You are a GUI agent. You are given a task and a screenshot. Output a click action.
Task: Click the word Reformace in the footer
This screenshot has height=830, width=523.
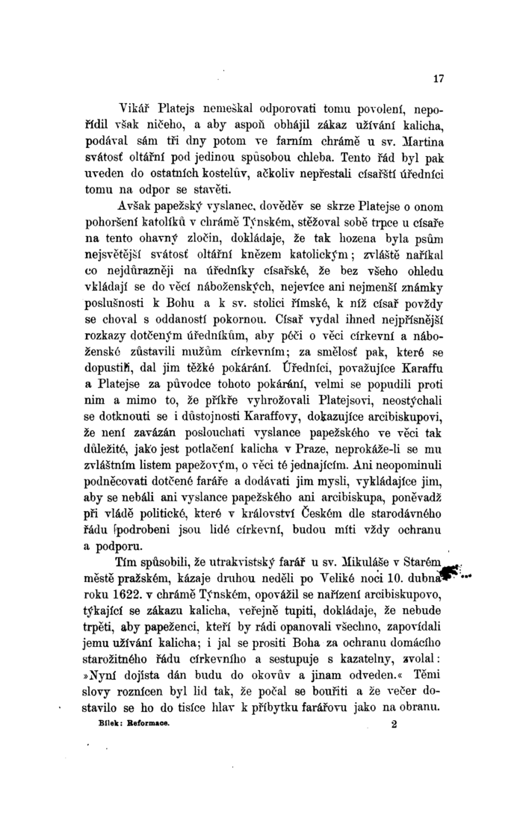click(173, 723)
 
